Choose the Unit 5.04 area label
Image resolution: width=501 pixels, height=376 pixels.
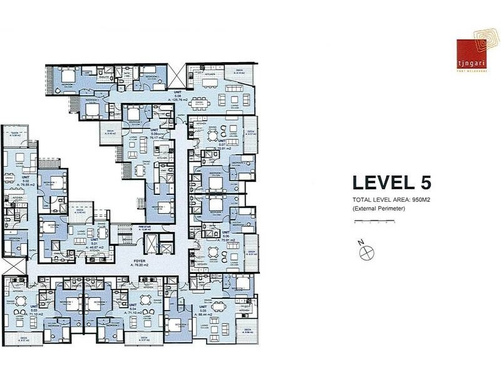tap(133, 311)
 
